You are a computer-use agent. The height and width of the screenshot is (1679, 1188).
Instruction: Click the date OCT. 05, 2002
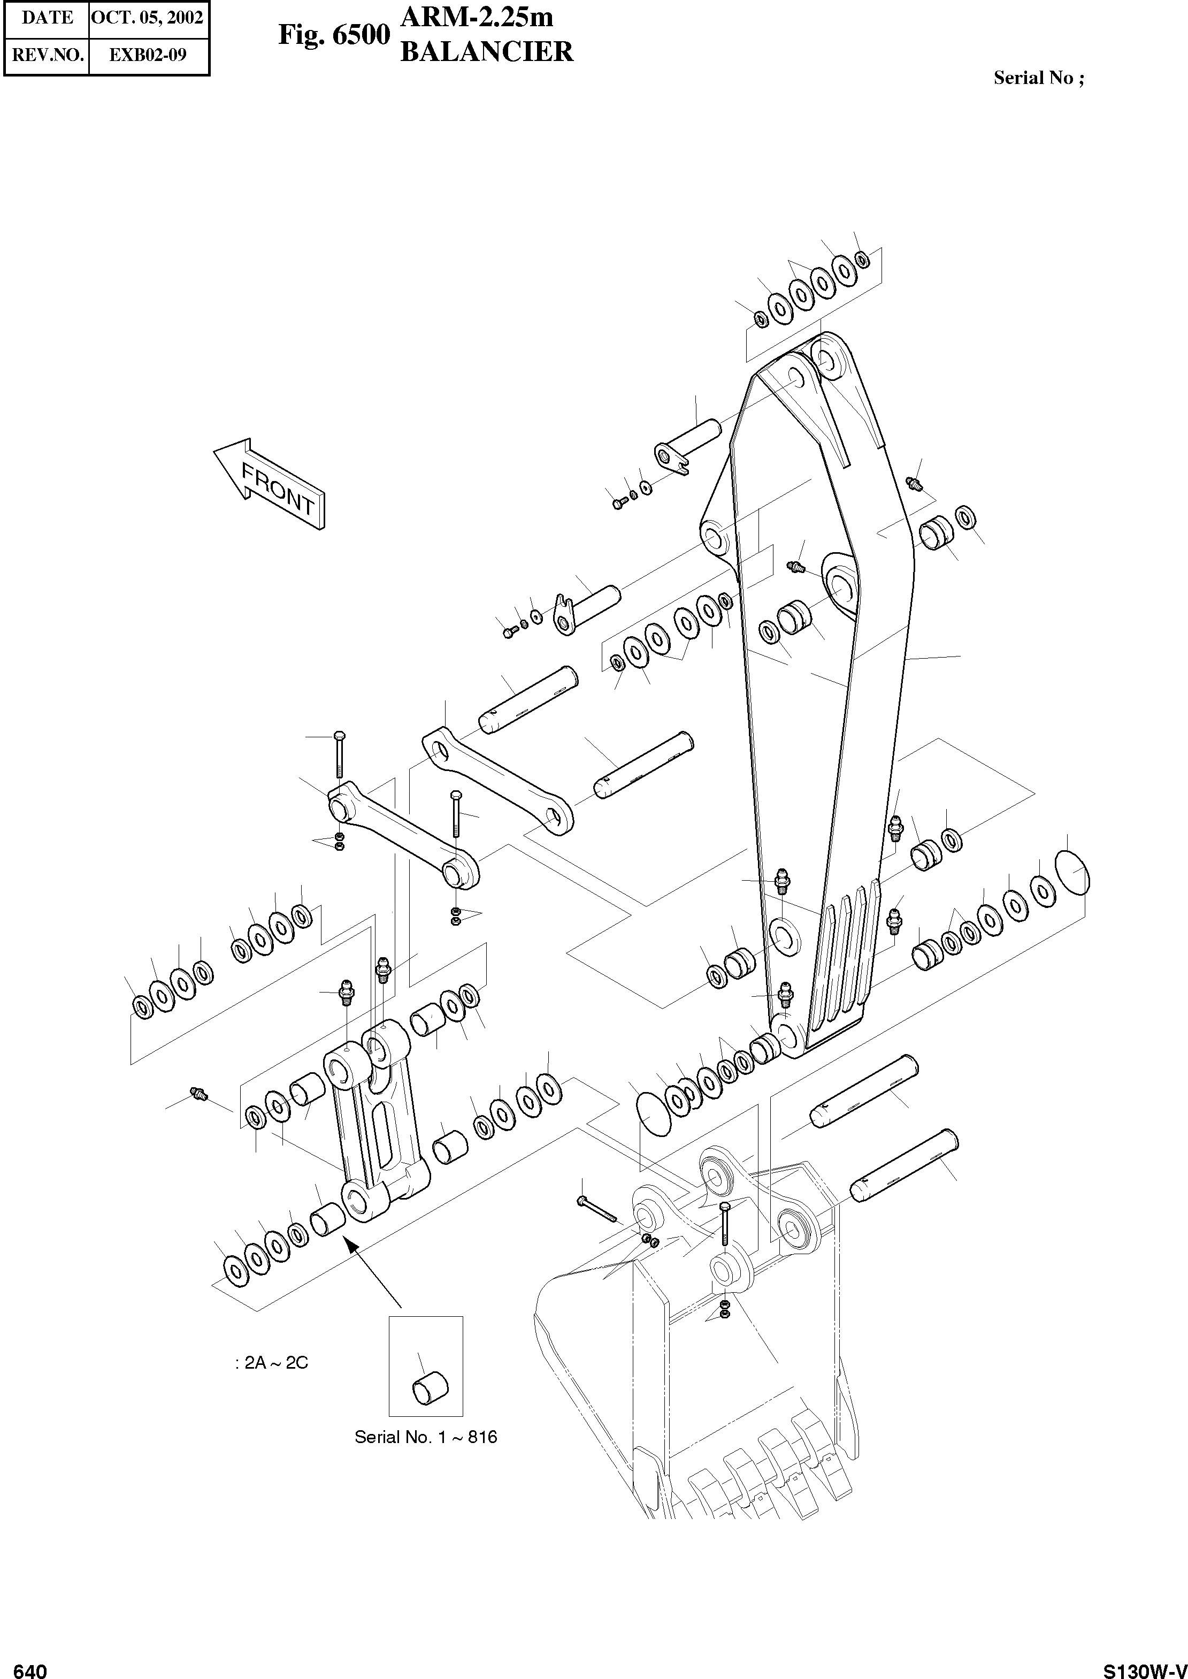pos(149,18)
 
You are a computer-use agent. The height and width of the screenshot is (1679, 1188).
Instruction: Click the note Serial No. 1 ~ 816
pos(426,1436)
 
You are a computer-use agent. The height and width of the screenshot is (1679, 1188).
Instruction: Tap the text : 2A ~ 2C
pos(272,1362)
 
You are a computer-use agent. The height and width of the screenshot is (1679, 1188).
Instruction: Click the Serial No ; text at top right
pos(1039,78)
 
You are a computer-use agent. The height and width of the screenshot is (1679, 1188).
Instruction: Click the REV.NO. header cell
pos(48,56)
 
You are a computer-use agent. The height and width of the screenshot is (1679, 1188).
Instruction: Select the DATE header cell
pos(48,18)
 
